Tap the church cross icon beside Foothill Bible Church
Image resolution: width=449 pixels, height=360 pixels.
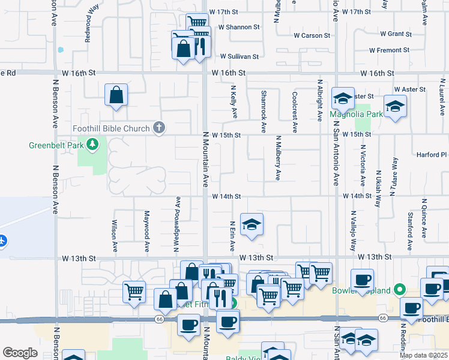tap(159, 127)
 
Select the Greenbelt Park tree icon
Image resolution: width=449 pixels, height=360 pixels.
tap(92, 144)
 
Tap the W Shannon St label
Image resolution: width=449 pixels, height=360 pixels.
tap(239, 27)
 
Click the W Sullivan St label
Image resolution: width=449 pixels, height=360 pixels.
tap(239, 56)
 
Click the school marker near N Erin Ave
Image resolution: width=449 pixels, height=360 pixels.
tap(252, 226)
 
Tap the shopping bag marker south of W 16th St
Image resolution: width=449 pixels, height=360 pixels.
tap(116, 95)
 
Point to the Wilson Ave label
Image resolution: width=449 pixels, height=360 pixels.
tap(114, 235)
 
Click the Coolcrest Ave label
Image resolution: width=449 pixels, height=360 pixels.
tap(295, 112)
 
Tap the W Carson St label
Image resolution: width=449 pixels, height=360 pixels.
tap(312, 36)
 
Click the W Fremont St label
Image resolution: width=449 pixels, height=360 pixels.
tap(389, 50)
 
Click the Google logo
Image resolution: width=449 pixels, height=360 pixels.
tap(20, 352)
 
